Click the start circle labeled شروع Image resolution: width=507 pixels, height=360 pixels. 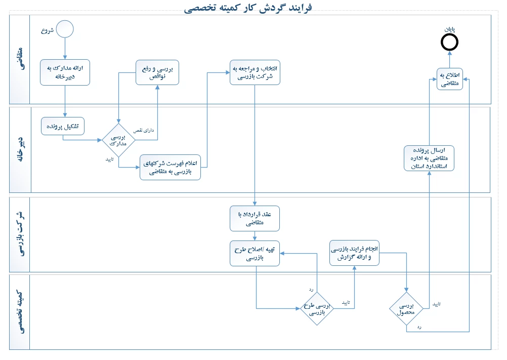[x=65, y=29]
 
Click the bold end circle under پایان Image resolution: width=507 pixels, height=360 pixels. [x=449, y=43]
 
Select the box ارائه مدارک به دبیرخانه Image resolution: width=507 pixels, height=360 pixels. [x=65, y=72]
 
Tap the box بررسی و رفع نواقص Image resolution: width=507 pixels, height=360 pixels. [x=158, y=72]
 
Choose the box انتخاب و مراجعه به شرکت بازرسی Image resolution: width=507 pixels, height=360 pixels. [x=255, y=72]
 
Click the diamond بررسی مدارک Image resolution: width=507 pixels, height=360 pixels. [x=119, y=140]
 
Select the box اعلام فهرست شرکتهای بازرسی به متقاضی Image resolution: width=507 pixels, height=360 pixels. [x=171, y=167]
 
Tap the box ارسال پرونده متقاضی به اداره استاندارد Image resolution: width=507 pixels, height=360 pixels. [x=429, y=158]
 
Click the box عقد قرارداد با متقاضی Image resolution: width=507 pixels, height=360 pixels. [x=255, y=218]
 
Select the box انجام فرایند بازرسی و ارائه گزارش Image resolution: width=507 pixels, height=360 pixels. [x=354, y=252]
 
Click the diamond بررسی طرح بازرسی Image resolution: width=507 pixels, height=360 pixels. [x=317, y=307]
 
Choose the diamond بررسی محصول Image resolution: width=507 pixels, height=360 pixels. [x=406, y=308]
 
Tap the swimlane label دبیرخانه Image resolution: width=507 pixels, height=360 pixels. [x=20, y=149]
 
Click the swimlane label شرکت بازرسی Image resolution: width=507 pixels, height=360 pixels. [x=20, y=234]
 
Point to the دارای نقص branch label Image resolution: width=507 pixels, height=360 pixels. [x=144, y=131]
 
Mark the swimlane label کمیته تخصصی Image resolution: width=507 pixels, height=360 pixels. [x=20, y=311]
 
